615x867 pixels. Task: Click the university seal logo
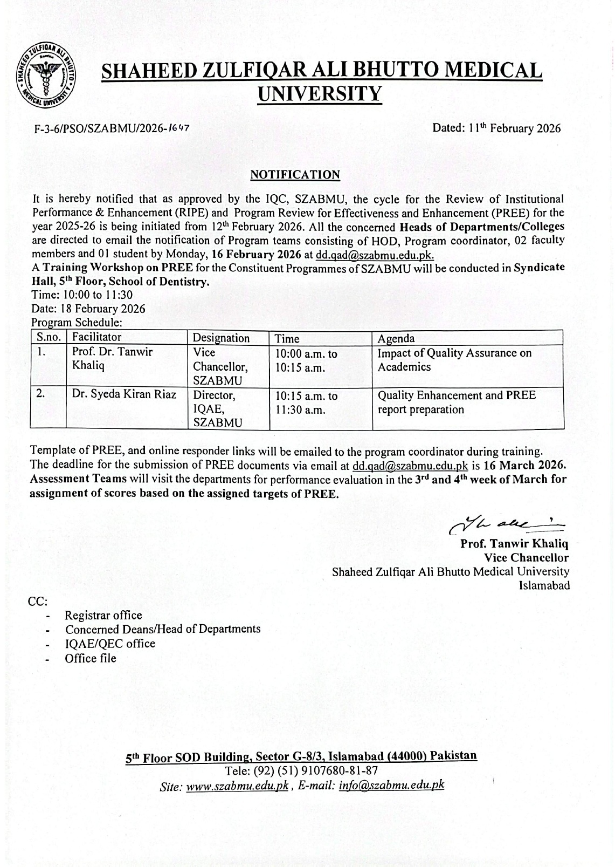tap(45, 75)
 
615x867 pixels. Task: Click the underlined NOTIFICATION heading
tap(295, 174)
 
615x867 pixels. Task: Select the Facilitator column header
tap(97, 337)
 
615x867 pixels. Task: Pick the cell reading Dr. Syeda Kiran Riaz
tap(125, 394)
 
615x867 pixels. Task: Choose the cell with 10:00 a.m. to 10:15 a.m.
tap(306, 360)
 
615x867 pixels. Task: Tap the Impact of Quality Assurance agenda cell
tap(454, 360)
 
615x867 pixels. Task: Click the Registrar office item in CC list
tap(103, 615)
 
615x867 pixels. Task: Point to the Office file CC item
tap(90, 658)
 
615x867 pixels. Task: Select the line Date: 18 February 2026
tap(88, 309)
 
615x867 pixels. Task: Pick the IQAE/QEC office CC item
tap(110, 644)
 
